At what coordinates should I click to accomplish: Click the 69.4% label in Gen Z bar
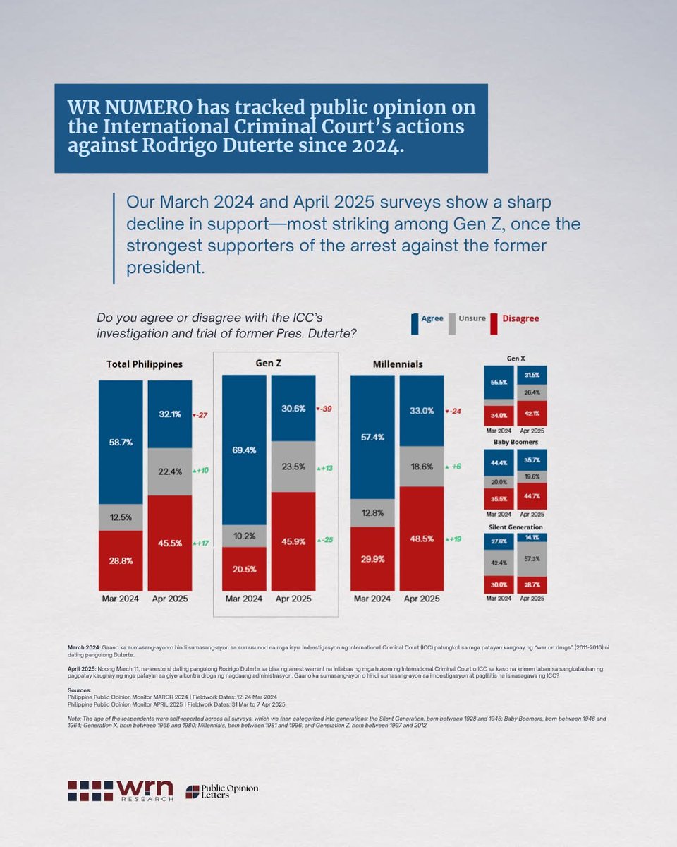click(244, 450)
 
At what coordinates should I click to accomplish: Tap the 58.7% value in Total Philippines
click(121, 443)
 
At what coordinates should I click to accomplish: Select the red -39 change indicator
click(325, 409)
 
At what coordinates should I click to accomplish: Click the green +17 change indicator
click(202, 543)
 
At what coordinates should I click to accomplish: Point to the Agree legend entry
click(427, 318)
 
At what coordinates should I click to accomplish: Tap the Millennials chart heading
click(397, 364)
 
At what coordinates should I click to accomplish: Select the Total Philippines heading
click(145, 364)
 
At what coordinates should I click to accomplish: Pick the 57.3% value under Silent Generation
click(532, 558)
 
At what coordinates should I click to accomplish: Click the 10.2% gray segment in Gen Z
click(244, 536)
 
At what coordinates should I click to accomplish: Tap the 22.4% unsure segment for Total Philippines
click(170, 471)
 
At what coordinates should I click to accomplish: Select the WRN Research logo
click(121, 791)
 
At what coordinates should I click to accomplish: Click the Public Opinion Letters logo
click(222, 791)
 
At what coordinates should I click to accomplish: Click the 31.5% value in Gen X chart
click(532, 375)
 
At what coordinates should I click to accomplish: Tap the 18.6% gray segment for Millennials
click(422, 467)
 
